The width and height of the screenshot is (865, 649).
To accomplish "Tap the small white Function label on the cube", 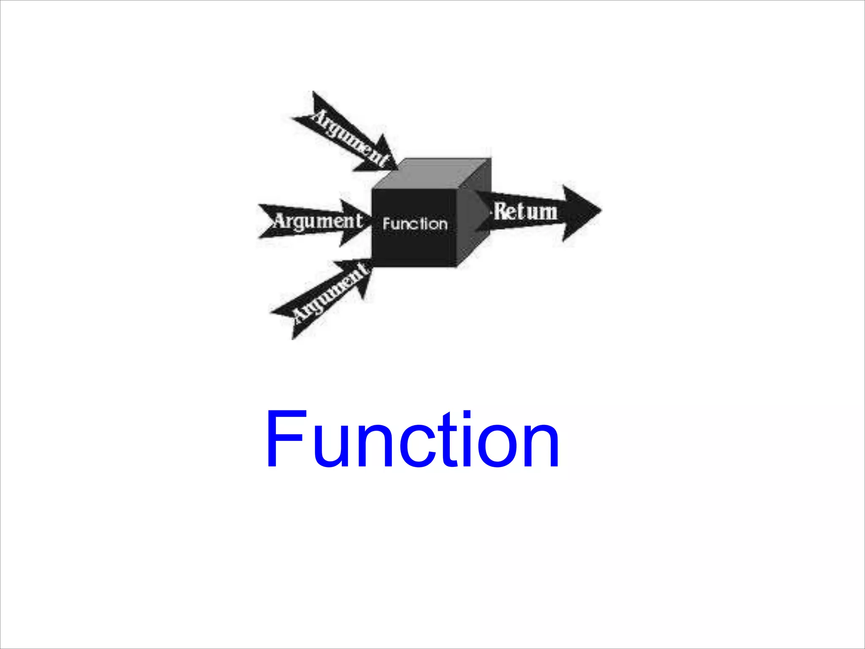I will pos(415,224).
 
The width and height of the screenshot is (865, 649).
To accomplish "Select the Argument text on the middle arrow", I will pos(318,221).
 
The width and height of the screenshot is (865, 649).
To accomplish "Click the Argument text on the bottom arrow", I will pos(331,291).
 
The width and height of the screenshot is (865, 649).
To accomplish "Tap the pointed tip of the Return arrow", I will pos(600,210).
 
